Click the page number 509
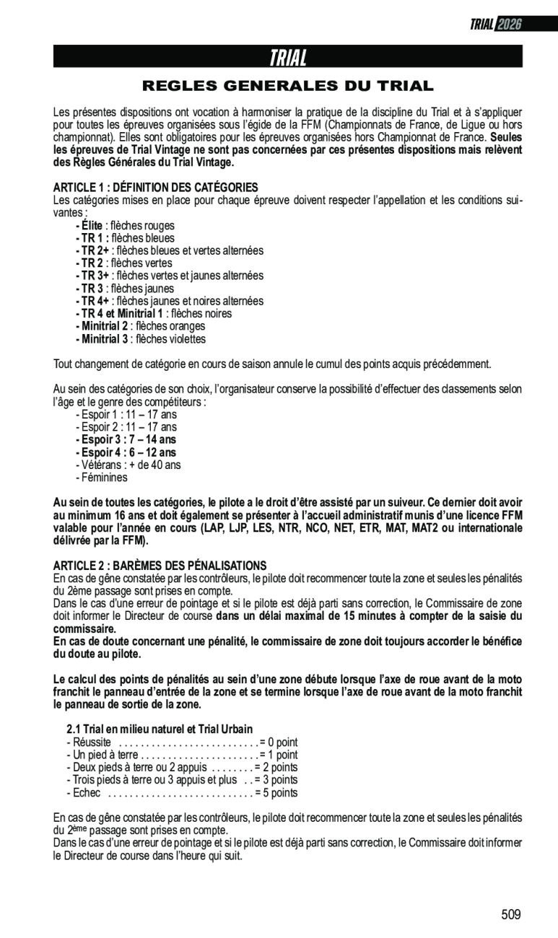pos(511,915)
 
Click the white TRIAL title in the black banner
pos(287,57)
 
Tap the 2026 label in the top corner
pos(508,25)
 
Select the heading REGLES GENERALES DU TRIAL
pos(287,87)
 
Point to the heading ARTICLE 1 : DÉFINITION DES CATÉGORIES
pos(155,188)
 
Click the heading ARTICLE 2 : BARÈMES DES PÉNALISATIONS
pos(160,566)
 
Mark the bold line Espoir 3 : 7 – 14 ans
pos(126,439)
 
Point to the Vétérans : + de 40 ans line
pos(128,465)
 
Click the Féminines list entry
pos(101,478)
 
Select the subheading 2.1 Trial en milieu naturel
pos(159,729)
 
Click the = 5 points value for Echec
pos(276,793)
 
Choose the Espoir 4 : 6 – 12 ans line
pos(126,452)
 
